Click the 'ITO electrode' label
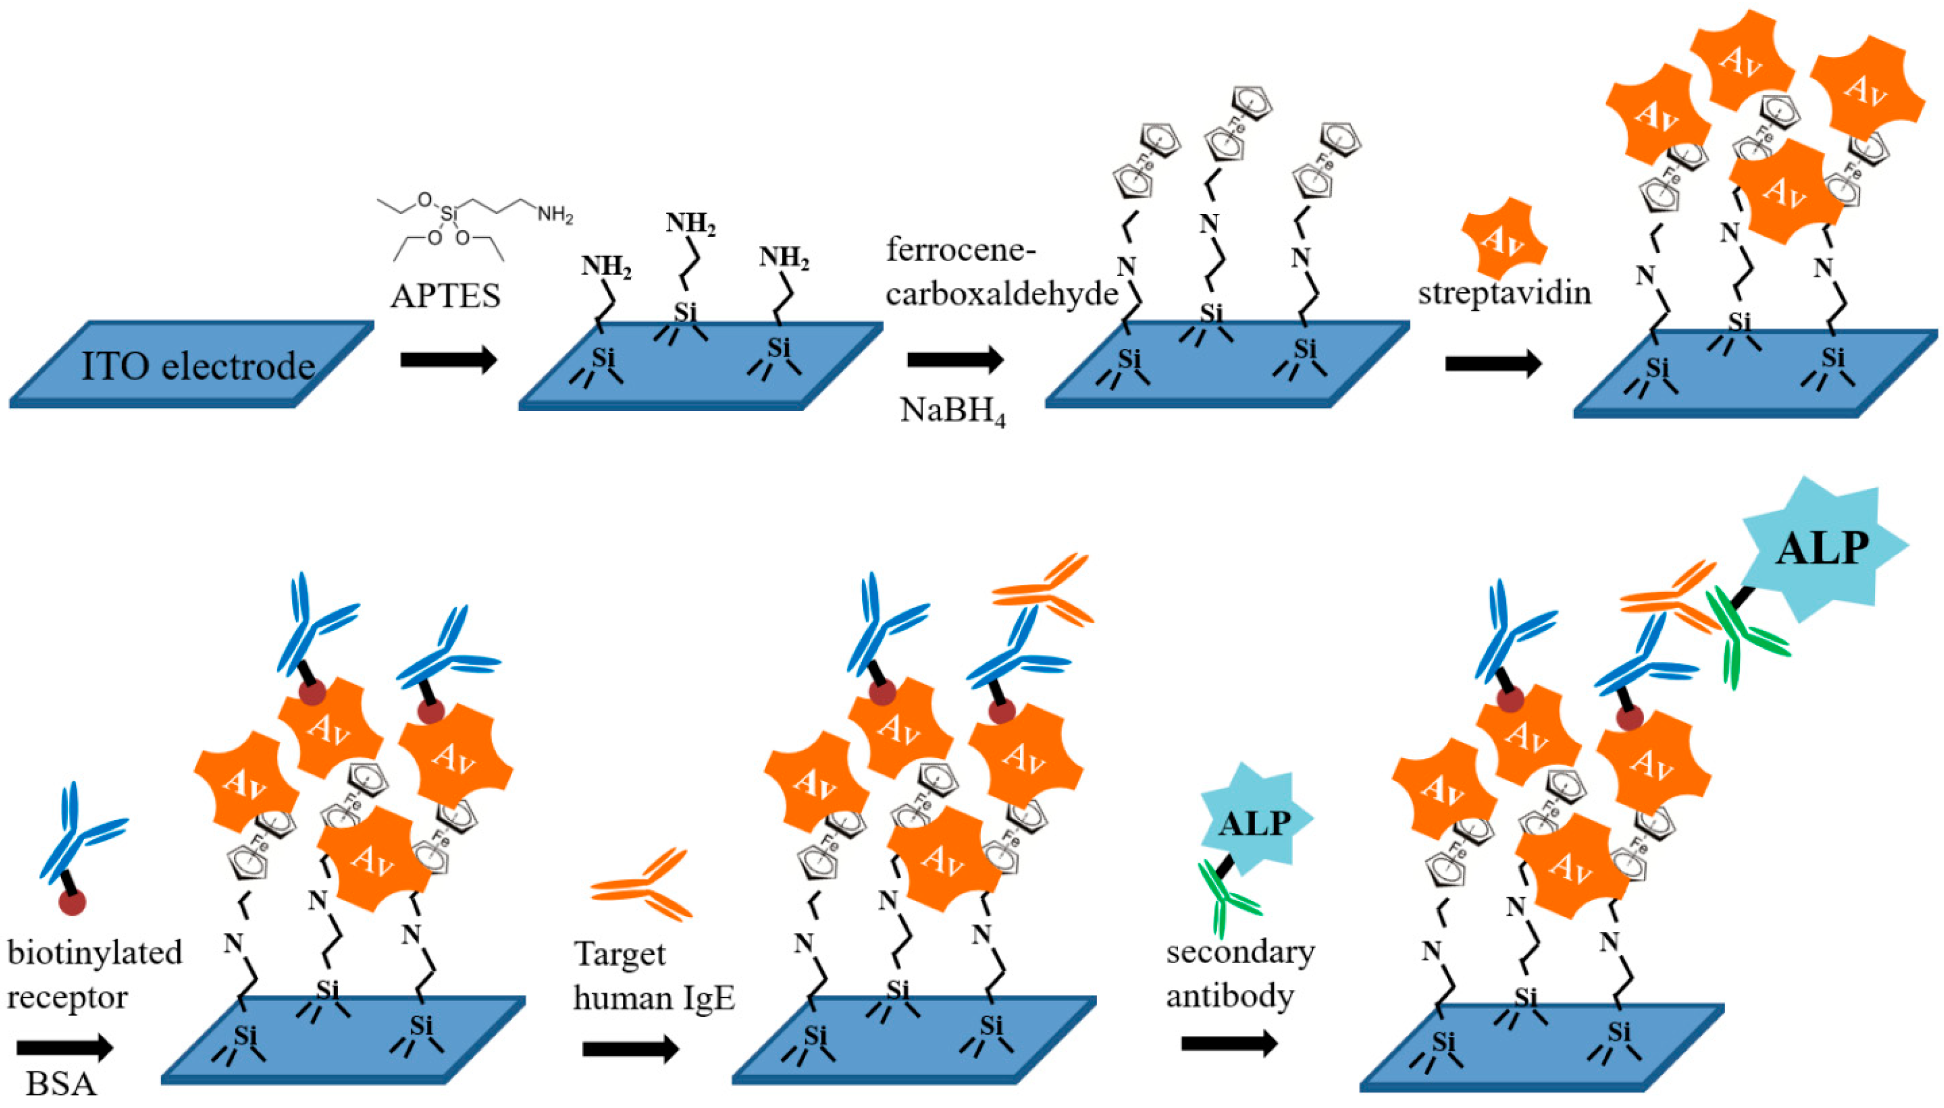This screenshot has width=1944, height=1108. coord(198,367)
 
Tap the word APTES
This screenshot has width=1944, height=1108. coord(446,296)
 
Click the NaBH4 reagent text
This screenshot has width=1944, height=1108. coord(953,411)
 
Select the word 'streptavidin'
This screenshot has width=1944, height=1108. coord(1504,292)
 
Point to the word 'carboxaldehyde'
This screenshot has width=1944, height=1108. coord(1001,293)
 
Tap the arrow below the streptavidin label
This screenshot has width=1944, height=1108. coord(1492,364)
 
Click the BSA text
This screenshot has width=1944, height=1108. coord(62,1084)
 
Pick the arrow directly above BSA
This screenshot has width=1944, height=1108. coord(64,1048)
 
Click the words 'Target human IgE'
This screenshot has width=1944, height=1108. coord(653,976)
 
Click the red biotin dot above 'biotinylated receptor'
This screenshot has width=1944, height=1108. coord(72,903)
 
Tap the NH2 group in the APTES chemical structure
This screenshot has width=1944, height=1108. coord(555,215)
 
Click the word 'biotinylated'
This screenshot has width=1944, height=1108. coord(95,953)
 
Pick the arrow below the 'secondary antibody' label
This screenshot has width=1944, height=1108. coord(1228,1043)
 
